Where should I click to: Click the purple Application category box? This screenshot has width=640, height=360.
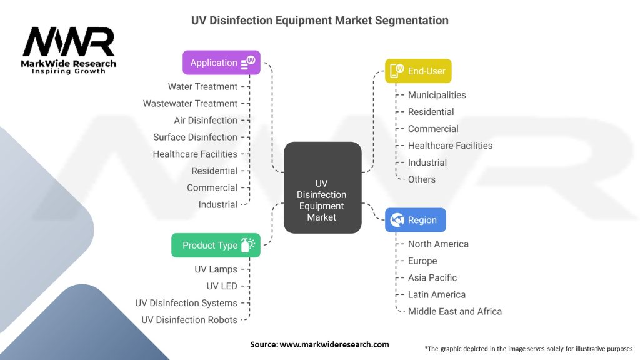click(221, 62)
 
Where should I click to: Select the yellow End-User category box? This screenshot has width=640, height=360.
click(418, 71)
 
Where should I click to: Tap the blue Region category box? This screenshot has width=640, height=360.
click(415, 220)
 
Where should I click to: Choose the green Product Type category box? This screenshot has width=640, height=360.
click(216, 245)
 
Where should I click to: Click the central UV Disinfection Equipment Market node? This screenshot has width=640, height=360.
click(322, 187)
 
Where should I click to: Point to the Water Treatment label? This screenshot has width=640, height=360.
click(202, 86)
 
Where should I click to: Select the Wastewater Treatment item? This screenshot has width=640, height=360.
click(190, 103)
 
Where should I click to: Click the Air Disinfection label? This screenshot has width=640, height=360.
click(205, 121)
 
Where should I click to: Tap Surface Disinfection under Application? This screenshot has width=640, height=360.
click(195, 137)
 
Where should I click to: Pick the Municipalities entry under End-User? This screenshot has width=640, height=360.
click(437, 95)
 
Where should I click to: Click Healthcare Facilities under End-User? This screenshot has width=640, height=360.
click(450, 146)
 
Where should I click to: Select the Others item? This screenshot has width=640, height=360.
click(422, 179)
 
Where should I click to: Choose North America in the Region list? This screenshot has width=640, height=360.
click(438, 244)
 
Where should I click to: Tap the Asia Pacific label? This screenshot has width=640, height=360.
click(432, 278)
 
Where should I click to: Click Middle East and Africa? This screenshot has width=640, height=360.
click(455, 312)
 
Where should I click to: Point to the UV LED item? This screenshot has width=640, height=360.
click(222, 286)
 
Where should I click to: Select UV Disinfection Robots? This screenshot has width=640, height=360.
click(189, 320)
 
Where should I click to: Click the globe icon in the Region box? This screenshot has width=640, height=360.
click(397, 220)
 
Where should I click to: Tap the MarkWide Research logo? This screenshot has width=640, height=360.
click(69, 50)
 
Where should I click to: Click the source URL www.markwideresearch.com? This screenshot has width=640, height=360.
click(334, 344)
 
